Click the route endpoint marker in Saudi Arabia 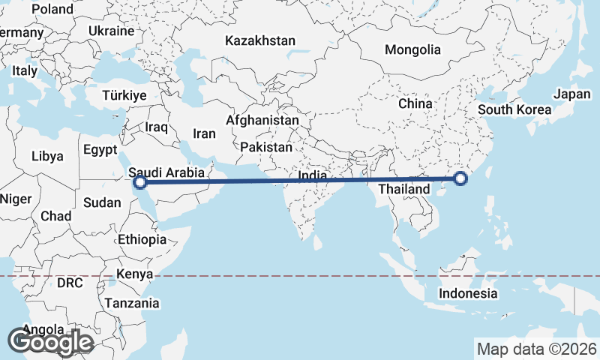pos(139,181)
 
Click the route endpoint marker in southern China pos(460,178)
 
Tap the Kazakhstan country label pos(260,40)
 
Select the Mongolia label pos(412,50)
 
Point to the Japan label pos(571,94)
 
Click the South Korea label pos(514,109)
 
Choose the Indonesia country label pos(469,293)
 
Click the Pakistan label pos(266,148)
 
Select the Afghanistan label pos(262,120)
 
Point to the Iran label pos(204,133)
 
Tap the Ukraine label pos(111,31)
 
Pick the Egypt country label pos(100,149)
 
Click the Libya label pos(47,157)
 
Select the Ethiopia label pos(142,240)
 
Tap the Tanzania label pos(132,304)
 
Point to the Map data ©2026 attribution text pos(537,349)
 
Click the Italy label pos(24,70)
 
